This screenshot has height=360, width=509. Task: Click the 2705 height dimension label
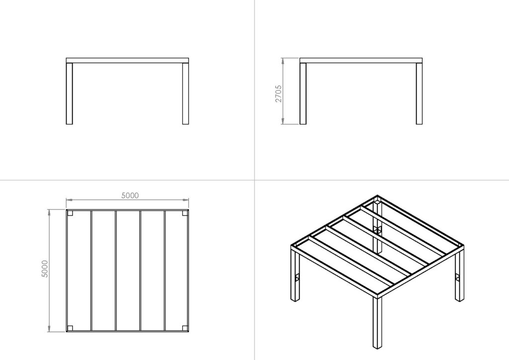coord(278,94)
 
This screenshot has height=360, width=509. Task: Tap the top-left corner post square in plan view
coord(70,213)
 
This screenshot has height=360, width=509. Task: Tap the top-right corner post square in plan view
coord(185,213)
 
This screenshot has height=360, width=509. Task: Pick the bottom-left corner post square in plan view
coord(70,328)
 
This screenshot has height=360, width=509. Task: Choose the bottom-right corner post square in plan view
coord(185,328)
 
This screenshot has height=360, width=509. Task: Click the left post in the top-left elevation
coord(69,93)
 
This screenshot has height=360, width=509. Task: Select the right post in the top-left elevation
coord(185,93)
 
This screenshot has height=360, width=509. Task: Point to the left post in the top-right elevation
coord(303,93)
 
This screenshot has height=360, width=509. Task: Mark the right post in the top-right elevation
coord(419,93)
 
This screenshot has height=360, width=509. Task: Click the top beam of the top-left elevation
coord(127,60)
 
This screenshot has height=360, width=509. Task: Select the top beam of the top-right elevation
coord(361,60)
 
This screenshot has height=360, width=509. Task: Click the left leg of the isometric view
coord(294,276)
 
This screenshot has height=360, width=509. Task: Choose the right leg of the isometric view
coord(459,276)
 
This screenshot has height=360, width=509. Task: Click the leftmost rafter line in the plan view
coord(91,270)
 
